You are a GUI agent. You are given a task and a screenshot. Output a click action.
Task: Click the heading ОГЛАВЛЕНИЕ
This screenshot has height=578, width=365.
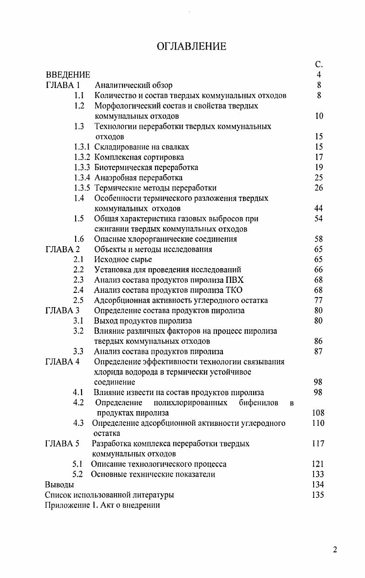pos(191,47)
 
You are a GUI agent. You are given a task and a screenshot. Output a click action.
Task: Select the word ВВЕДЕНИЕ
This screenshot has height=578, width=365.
pos(68,75)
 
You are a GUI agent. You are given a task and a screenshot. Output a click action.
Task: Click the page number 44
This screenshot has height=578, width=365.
pos(319,209)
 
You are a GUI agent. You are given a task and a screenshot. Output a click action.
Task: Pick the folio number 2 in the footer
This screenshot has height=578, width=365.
pos(335,550)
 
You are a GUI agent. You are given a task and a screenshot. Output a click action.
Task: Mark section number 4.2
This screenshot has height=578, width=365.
pos(78,403)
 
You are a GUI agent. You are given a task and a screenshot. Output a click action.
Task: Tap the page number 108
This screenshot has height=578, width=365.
pos(317,413)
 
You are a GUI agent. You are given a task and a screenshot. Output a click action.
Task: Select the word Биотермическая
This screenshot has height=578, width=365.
pos(121,167)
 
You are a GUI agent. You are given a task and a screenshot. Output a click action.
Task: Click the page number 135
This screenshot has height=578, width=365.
pos(317,495)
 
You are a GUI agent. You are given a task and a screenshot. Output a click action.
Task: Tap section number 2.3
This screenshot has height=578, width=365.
pos(78,280)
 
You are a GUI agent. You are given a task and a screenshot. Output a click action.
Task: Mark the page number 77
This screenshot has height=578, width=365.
pos(319,301)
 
